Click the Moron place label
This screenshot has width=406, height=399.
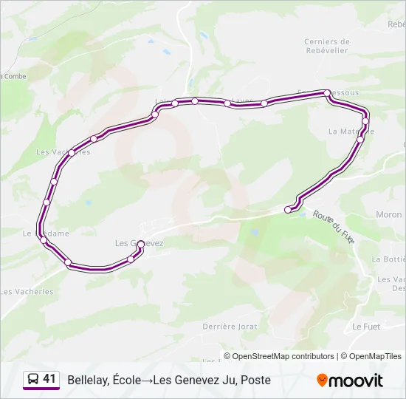pos(388,215)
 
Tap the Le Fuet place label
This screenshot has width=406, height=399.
pos(366,326)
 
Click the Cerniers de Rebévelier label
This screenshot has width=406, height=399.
pos(326,46)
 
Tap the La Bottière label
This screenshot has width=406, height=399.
pos(388,259)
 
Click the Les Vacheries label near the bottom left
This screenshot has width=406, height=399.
pos(27,292)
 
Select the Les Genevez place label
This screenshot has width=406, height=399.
pos(139,242)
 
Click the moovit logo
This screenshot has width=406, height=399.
pos(350,381)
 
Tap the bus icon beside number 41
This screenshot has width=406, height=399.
pos(32,380)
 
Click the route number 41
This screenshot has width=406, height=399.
pos(49,379)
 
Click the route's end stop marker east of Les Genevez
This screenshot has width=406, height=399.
pos(289,210)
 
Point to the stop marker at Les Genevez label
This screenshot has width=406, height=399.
pos(140,244)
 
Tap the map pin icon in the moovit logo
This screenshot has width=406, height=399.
pos(323,381)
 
